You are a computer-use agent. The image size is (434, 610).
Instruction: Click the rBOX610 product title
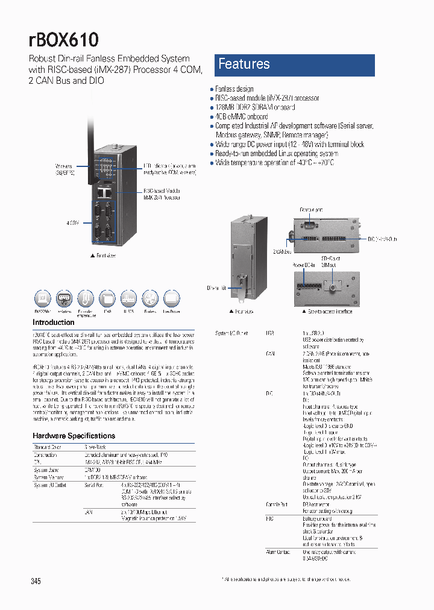point(63,40)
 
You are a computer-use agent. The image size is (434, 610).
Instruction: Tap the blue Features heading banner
point(294,64)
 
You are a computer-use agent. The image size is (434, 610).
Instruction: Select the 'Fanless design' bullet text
point(234,89)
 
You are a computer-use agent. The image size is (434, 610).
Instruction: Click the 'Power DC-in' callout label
point(303,263)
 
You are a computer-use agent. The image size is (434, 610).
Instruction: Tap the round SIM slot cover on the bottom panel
point(331,281)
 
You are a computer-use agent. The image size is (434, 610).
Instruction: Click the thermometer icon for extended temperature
point(86,299)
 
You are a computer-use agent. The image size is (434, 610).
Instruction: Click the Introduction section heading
point(52,322)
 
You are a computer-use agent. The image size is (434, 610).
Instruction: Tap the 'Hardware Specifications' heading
point(73,435)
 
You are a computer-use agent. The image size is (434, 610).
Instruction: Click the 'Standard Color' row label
point(48,447)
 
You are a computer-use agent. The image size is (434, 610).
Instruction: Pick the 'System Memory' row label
point(49,477)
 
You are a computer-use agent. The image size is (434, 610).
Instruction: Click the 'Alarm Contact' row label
point(278,552)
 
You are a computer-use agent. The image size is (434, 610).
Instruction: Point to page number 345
point(36,581)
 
